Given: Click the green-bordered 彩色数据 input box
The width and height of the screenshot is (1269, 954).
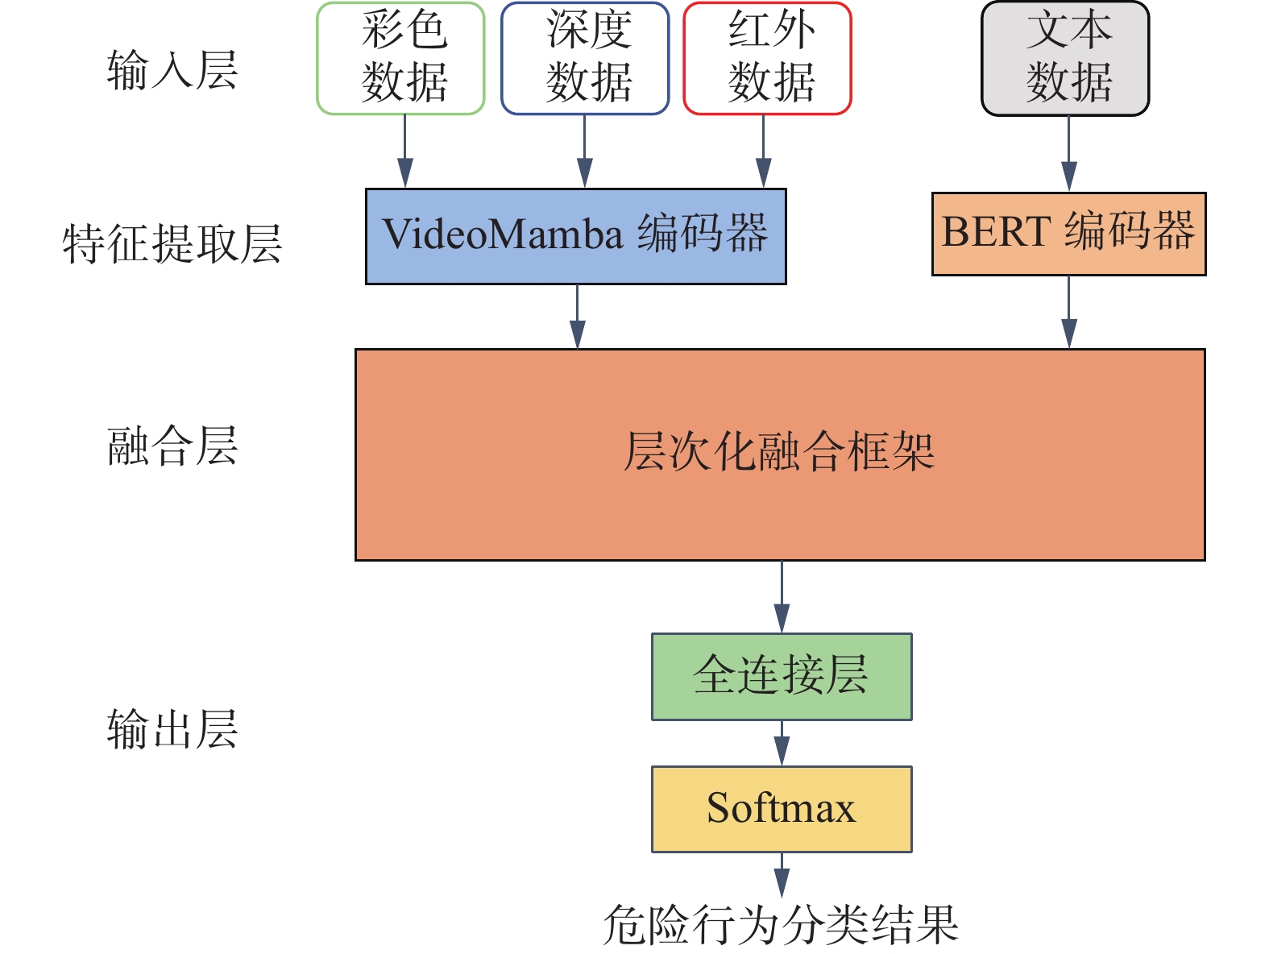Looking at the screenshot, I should pyautogui.click(x=400, y=59).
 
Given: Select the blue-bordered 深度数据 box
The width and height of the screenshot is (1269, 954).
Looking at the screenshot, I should pyautogui.click(x=585, y=59).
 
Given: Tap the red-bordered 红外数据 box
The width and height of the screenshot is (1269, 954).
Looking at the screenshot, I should pyautogui.click(x=767, y=59).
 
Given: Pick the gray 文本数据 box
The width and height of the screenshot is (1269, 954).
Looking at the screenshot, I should pyautogui.click(x=1065, y=59).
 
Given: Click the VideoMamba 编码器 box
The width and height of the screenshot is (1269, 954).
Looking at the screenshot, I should pyautogui.click(x=575, y=236).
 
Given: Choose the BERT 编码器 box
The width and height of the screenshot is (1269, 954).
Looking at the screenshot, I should pyautogui.click(x=1068, y=234).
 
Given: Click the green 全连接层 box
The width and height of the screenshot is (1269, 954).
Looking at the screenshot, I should pyautogui.click(x=782, y=676).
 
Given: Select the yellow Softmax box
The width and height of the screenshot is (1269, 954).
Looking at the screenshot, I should pyautogui.click(x=782, y=809).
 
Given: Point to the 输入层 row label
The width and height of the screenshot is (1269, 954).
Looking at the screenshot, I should pyautogui.click(x=172, y=69).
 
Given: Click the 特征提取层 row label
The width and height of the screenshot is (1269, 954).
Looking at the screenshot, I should pyautogui.click(x=172, y=243).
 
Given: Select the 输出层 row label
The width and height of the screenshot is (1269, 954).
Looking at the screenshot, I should pyautogui.click(x=172, y=729).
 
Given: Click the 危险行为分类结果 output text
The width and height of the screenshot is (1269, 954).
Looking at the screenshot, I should pyautogui.click(x=781, y=925).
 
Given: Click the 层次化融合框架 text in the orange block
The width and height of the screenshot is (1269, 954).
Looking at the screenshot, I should pyautogui.click(x=779, y=451).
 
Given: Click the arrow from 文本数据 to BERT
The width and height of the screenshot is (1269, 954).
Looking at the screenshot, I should pyautogui.click(x=1068, y=154).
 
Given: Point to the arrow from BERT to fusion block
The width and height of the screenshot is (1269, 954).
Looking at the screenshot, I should pyautogui.click(x=1068, y=312).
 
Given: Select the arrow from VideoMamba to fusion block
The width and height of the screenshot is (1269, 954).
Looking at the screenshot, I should pyautogui.click(x=577, y=316).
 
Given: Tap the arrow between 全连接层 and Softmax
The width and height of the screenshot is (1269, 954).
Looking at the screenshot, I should pyautogui.click(x=782, y=743).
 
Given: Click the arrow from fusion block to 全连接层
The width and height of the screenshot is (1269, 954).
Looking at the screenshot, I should pyautogui.click(x=782, y=597).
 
